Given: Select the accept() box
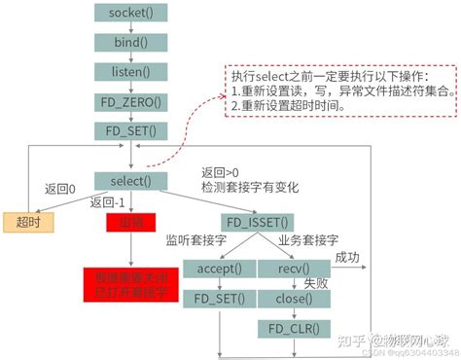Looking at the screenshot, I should pos(219,269).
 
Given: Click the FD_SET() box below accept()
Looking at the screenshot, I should pos(219,298).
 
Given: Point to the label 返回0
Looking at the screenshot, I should pos(60,187).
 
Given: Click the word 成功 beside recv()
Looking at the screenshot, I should pos(347,257).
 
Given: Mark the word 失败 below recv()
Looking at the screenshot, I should pos(318,283).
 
